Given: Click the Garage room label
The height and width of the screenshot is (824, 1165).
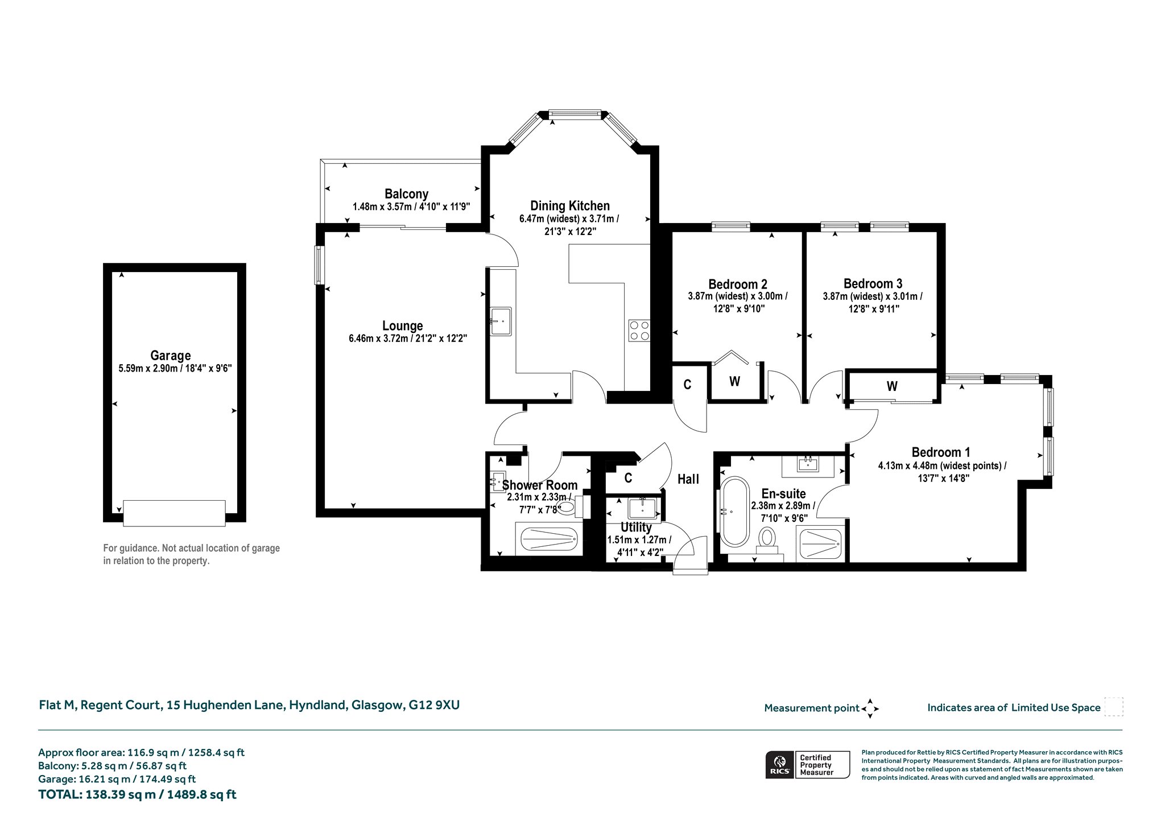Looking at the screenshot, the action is click(170, 356).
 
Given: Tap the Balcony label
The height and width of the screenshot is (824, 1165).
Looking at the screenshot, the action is click(406, 194).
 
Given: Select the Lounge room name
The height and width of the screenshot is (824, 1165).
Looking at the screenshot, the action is click(402, 326).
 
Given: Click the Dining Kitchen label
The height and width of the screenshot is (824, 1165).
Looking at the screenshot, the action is click(570, 206).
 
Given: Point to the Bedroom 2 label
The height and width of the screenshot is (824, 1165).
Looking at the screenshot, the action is click(738, 284).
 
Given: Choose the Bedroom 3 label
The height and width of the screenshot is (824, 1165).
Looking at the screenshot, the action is click(873, 283).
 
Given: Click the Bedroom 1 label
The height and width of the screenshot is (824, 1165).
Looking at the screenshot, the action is click(941, 452).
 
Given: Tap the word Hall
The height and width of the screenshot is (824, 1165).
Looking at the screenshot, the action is click(688, 479).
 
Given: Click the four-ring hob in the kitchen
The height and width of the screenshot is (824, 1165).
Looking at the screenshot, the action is click(639, 331).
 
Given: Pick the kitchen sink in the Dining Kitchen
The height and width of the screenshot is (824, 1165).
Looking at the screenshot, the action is click(501, 322).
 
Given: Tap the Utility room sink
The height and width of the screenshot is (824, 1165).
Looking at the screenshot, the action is click(643, 508).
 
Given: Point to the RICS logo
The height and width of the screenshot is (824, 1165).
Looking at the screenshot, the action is click(779, 764).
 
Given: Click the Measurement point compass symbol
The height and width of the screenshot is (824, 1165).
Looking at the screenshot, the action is click(870, 708).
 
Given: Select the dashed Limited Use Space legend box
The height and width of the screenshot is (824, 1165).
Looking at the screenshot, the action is click(1113, 707).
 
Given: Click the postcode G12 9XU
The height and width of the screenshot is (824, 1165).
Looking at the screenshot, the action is click(434, 705).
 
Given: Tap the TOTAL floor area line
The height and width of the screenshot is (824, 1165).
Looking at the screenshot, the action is click(137, 794).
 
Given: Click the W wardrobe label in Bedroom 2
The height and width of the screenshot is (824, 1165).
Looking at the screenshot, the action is click(734, 382).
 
